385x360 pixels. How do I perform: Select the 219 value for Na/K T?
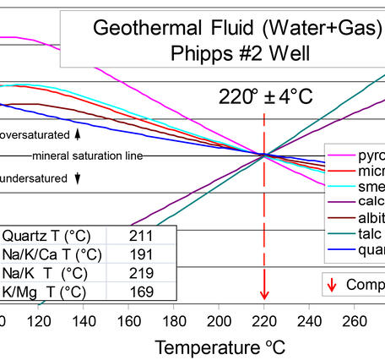click(x=142, y=273)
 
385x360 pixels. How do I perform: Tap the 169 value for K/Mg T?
click(x=142, y=292)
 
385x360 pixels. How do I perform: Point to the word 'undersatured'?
click(x=34, y=178)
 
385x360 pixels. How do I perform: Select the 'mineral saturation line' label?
click(x=88, y=156)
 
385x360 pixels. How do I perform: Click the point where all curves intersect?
click(x=264, y=155)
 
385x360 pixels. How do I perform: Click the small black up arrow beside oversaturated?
click(x=78, y=134)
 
